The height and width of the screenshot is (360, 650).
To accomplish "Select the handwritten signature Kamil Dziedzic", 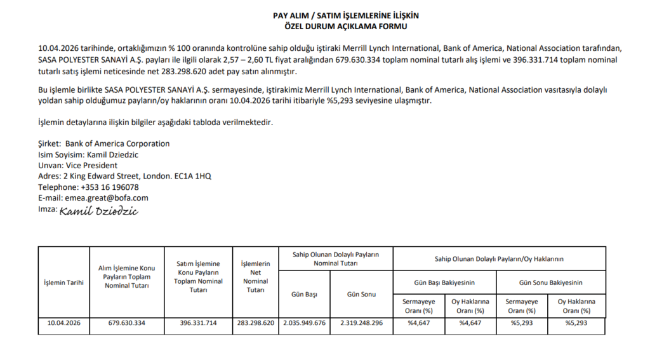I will click(99, 211).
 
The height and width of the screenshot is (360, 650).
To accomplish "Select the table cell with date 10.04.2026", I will click(63, 323).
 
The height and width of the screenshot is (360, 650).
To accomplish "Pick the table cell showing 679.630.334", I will click(126, 323).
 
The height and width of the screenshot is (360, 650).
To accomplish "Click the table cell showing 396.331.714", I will click(198, 323).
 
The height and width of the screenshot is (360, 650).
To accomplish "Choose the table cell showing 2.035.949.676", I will click(304, 323).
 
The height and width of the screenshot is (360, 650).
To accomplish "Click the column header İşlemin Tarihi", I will click(63, 283).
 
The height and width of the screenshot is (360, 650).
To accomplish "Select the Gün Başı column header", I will click(304, 295).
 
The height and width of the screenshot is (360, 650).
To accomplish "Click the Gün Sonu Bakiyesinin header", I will click(550, 283).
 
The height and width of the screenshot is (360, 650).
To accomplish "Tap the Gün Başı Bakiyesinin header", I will click(444, 283).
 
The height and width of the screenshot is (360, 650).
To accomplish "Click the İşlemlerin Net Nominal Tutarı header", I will click(255, 277).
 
